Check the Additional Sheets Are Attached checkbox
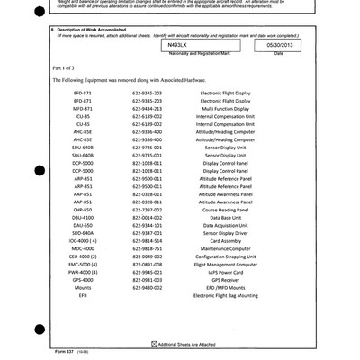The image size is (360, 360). click(x=153, y=344)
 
